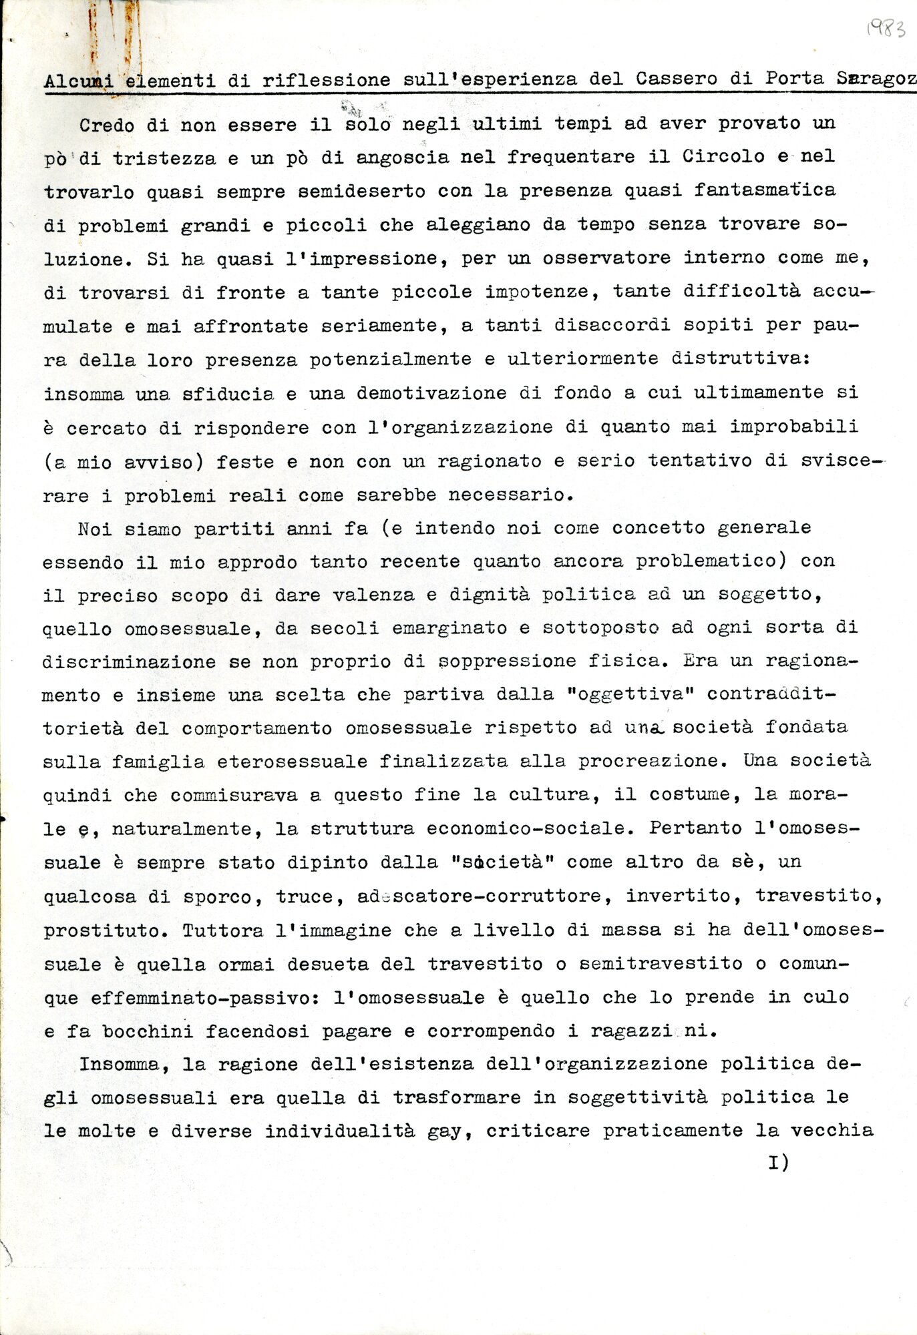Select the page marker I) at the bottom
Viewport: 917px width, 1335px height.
(x=779, y=1162)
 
